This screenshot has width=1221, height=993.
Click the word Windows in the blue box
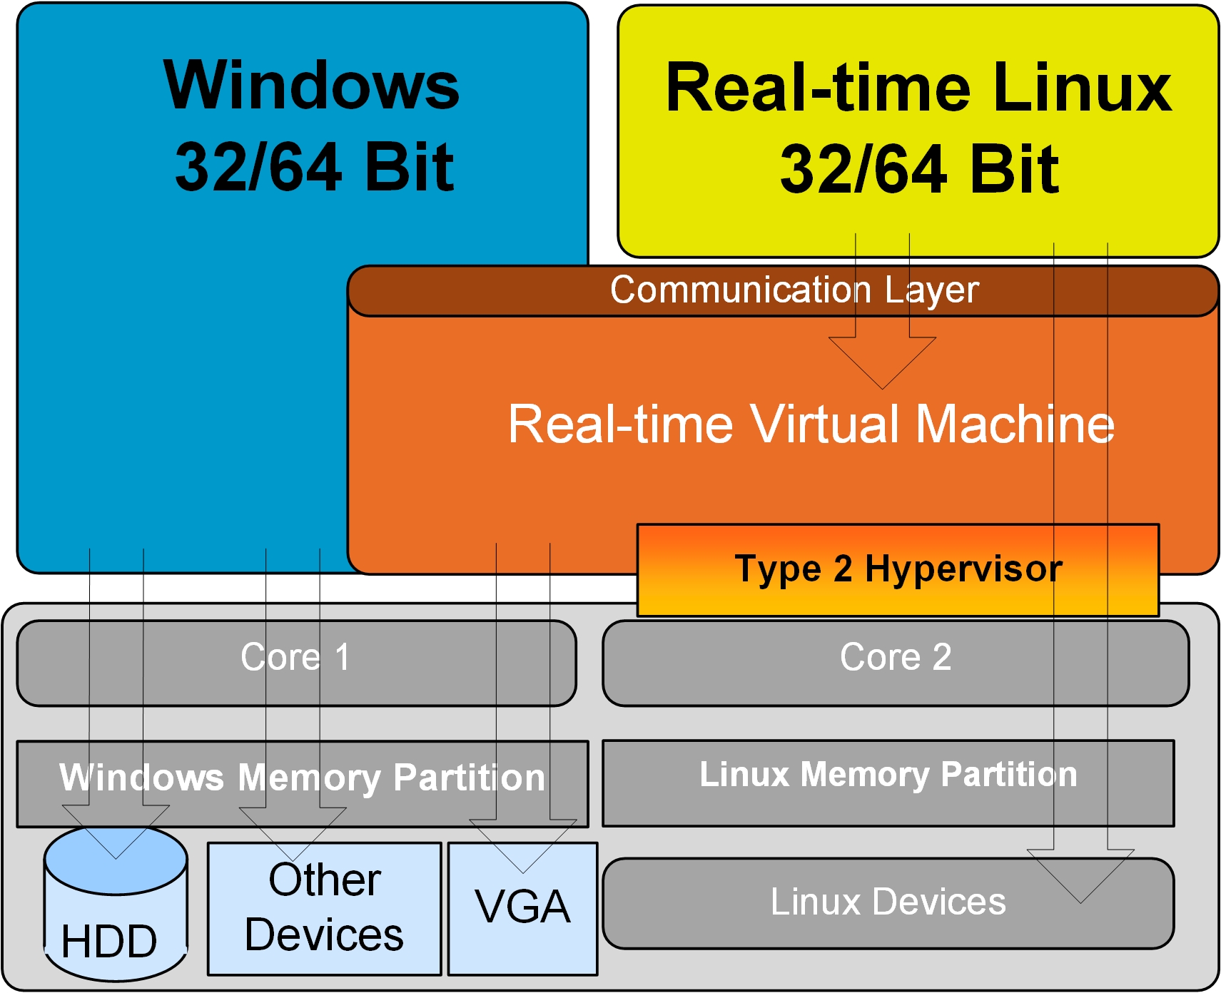point(311,86)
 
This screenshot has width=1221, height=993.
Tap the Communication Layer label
point(794,290)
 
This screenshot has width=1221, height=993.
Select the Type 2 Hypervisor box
point(898,569)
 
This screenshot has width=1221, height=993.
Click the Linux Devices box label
point(888,902)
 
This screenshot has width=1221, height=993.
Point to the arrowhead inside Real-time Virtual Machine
point(882,364)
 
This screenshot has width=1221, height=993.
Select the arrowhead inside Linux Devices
point(1080,877)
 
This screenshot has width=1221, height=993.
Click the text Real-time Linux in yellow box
point(918,88)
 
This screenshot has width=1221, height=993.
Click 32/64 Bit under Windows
point(314,168)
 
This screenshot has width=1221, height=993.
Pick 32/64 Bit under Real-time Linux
point(919,169)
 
